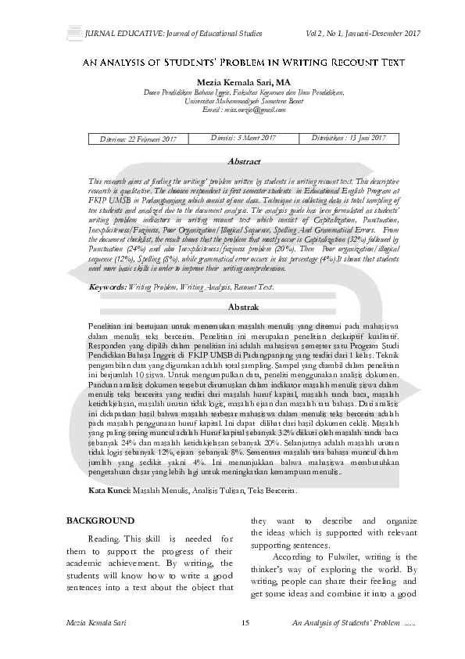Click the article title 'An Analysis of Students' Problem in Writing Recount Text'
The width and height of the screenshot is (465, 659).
tap(232, 60)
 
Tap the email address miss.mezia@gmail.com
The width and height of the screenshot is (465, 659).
tap(233, 111)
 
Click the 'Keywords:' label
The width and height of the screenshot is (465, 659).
tap(108, 287)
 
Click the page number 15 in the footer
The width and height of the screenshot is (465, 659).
tap(245, 622)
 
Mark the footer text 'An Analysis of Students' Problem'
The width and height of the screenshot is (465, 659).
tap(345, 622)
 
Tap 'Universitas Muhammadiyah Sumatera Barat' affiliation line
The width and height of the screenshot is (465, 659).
tap(233, 101)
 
